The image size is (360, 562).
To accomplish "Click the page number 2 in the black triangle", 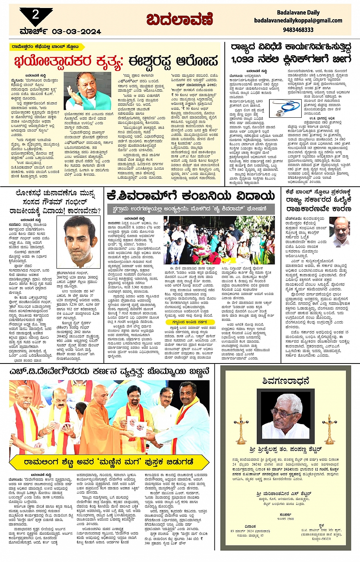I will coord(35,15).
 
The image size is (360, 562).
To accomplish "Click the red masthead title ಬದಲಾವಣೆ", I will coord(179,19).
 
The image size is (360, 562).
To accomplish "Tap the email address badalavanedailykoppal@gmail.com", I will coord(298,21).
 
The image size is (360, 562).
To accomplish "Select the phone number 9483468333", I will coord(298,29).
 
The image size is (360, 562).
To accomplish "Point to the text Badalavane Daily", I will coord(298,12).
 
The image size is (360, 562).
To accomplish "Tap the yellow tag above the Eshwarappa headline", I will coord(45,46).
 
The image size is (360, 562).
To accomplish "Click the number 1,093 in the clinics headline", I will coord(242,59).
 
